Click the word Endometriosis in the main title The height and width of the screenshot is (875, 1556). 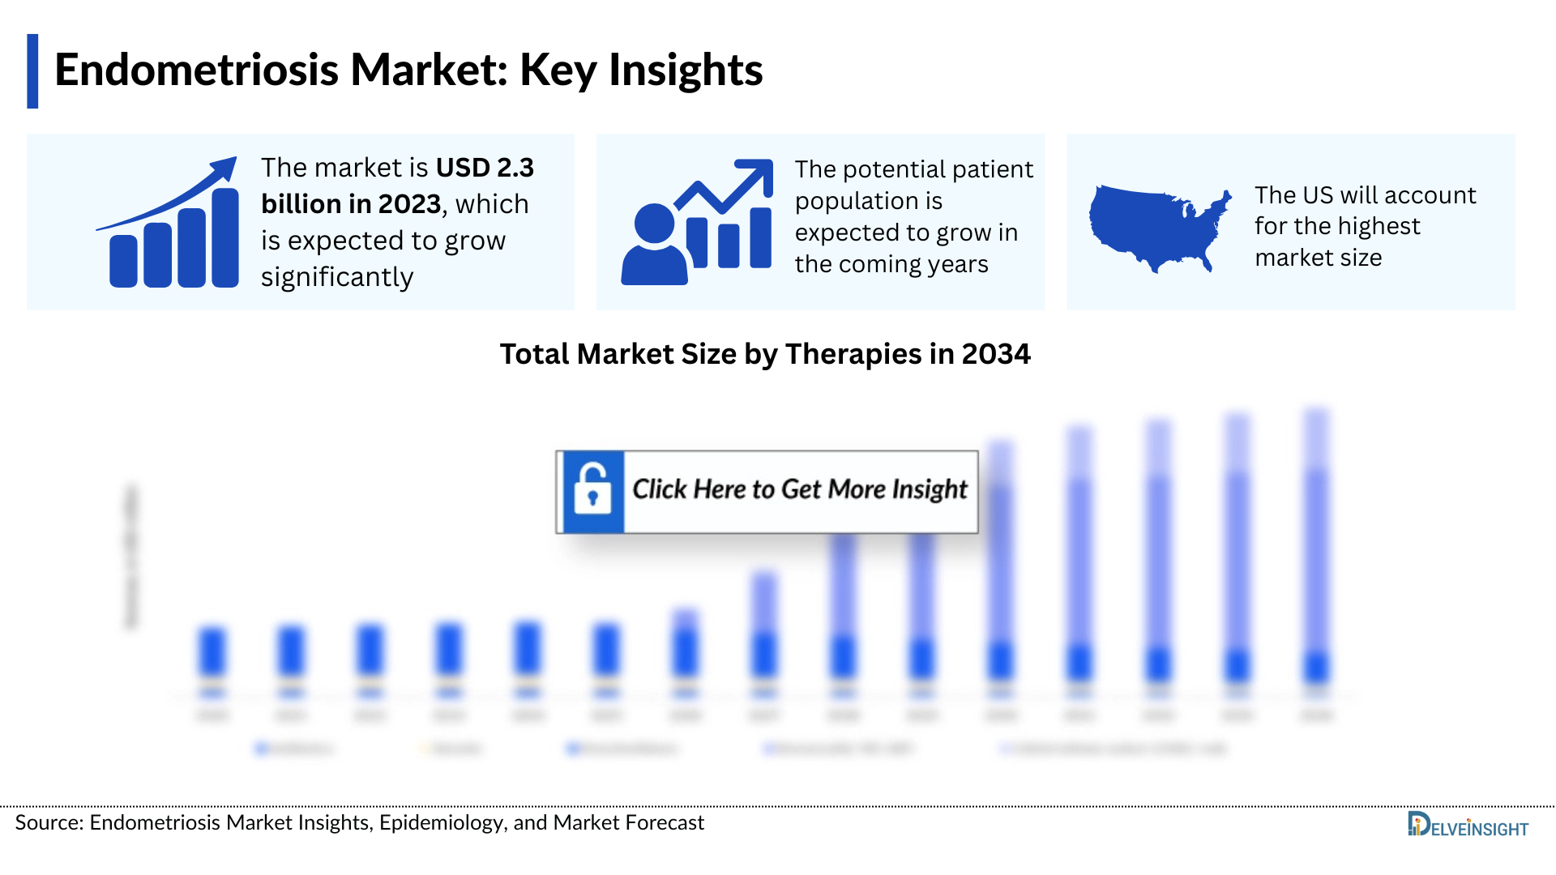tap(196, 70)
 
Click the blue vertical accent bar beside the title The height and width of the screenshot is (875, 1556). tap(32, 71)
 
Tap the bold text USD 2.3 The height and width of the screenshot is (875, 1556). tap(485, 168)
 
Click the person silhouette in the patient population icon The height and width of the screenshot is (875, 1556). tap(654, 247)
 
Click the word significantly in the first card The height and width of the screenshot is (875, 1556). tap(337, 277)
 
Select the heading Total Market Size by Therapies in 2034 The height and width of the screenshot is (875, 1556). tap(764, 354)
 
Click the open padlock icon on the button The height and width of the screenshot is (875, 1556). tap(592, 490)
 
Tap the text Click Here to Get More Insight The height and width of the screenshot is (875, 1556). tap(799, 489)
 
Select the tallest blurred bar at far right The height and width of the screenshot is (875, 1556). tap(1316, 543)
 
